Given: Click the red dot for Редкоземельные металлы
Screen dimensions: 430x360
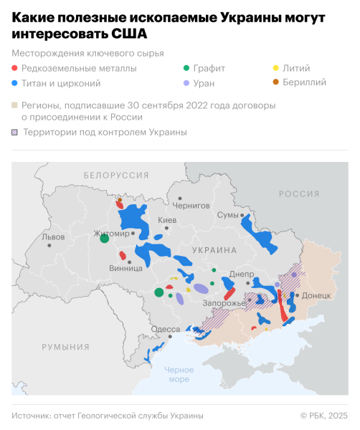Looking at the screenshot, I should click(x=16, y=69).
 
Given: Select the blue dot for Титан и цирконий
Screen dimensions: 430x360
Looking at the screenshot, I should click(x=16, y=82).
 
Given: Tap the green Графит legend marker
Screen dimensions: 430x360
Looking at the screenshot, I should click(x=187, y=69).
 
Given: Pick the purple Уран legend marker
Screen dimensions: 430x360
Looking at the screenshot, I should click(x=187, y=82).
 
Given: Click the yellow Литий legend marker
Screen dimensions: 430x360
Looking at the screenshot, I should click(x=277, y=69).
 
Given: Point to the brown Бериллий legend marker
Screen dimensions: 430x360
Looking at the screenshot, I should click(x=277, y=82).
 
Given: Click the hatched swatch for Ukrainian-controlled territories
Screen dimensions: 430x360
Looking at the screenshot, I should click(x=15, y=132).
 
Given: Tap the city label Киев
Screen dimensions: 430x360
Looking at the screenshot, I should click(x=166, y=220).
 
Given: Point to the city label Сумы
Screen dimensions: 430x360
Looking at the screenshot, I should click(x=227, y=215).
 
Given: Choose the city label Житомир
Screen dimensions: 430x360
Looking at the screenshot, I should click(x=111, y=234).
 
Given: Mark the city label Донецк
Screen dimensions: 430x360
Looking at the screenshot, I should click(x=316, y=295).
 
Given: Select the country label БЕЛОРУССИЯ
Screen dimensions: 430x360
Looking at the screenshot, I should click(x=115, y=175).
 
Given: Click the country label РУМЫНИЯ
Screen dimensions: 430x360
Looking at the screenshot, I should click(x=65, y=347).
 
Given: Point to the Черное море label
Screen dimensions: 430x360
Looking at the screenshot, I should click(x=179, y=374).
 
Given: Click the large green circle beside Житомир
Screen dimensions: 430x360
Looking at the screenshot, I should click(x=104, y=239).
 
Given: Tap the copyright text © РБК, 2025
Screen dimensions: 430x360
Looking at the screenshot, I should click(x=323, y=416).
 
